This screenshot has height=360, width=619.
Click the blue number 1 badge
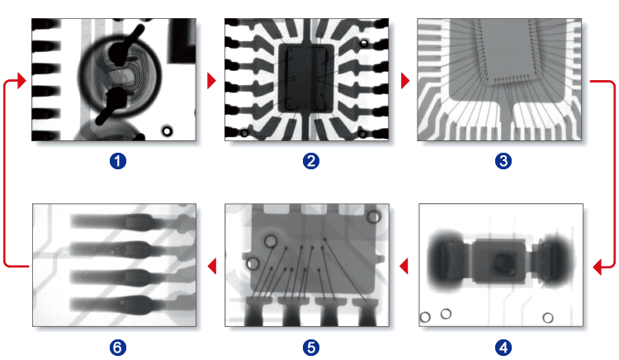click(118, 161)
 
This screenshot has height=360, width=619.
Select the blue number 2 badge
click(310, 161)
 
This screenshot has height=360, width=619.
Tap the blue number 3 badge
click(503, 161)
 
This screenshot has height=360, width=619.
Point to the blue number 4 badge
click(503, 348)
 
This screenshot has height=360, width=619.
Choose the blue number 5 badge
click(310, 348)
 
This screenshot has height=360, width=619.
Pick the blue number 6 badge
click(118, 348)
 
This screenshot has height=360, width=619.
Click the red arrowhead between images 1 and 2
click(211, 81)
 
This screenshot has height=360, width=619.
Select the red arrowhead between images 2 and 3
click(405, 81)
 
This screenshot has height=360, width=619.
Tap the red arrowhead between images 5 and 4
click(404, 266)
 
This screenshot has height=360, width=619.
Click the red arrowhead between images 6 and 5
click(212, 266)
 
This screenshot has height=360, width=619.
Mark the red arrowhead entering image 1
click(21, 81)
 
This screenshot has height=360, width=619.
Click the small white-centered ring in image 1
click(167, 131)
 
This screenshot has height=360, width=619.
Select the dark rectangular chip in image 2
click(306, 78)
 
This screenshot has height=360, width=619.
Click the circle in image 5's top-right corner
click(373, 216)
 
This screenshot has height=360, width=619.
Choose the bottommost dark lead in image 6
click(116, 305)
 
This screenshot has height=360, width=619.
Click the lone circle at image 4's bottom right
click(547, 318)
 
